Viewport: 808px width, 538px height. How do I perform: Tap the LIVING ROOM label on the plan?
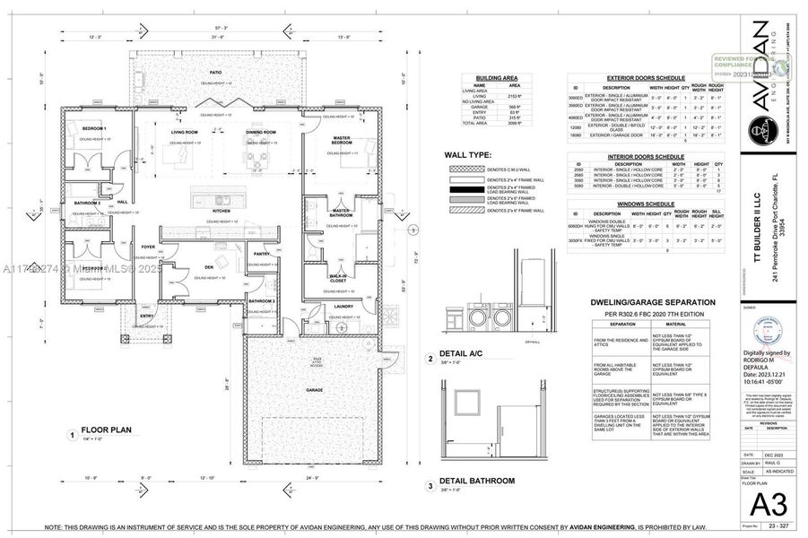(185, 132)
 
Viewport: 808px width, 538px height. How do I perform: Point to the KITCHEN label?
(222, 211)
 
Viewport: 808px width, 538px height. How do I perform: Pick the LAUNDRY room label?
(343, 307)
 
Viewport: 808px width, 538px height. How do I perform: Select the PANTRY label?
(261, 254)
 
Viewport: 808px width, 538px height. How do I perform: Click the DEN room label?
(207, 267)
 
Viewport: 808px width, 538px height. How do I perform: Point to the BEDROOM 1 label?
(95, 129)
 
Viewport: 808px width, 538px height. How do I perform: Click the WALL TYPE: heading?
(467, 154)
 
